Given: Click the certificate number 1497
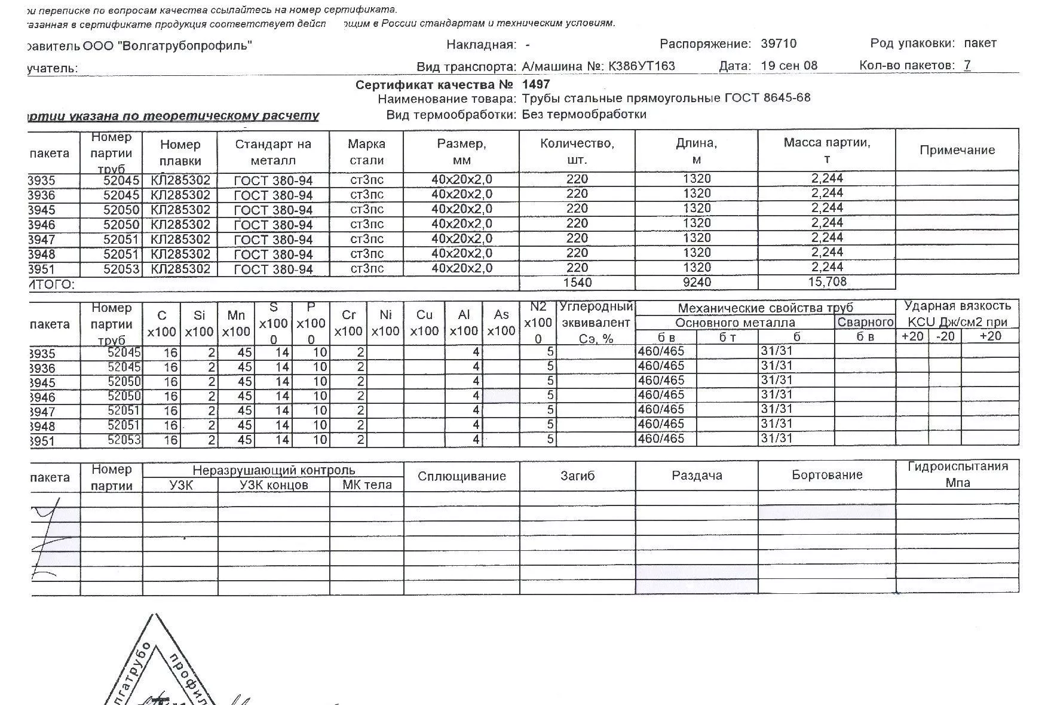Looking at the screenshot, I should (535, 84).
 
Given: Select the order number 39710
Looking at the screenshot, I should (779, 44).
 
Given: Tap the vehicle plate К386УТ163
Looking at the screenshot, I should (641, 66).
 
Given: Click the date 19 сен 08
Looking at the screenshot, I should (789, 66).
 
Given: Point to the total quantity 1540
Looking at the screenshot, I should (577, 282).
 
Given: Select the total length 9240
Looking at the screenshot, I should (697, 282).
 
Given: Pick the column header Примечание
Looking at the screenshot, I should (957, 150).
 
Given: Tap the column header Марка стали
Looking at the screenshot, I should (366, 152).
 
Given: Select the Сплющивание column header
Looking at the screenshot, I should (462, 476).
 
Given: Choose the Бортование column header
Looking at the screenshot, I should (827, 475).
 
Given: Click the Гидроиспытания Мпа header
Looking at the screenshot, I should (957, 474).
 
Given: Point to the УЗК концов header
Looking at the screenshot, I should (274, 485).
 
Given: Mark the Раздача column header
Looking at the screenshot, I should (697, 476).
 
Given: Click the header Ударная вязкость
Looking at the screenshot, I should (957, 306).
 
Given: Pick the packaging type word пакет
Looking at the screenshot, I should (980, 43).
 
